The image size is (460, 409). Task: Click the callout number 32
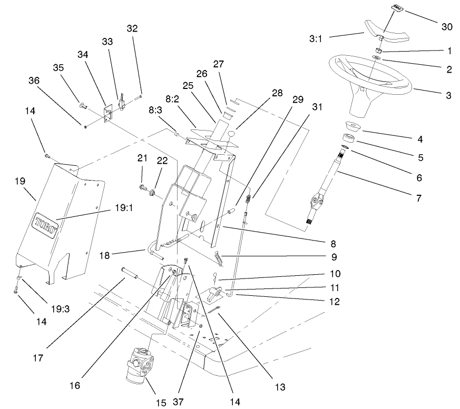click(132, 28)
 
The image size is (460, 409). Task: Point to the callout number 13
click(279, 387)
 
